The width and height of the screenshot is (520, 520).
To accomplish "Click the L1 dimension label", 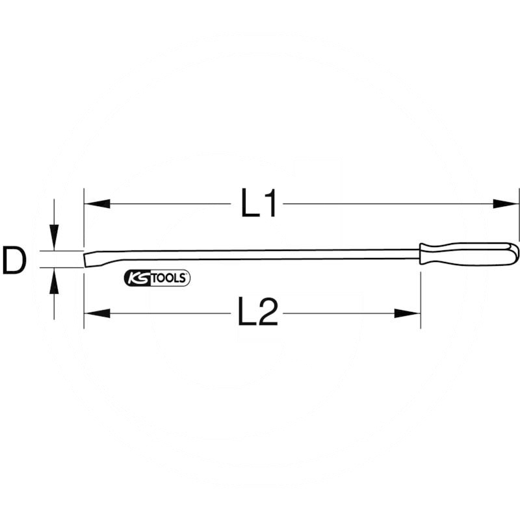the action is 258,203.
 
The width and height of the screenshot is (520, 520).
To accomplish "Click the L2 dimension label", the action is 257,312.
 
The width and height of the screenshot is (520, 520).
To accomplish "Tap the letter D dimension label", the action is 14,260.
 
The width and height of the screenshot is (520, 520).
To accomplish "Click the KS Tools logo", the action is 157,278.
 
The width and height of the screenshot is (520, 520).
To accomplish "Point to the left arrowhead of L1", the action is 97,203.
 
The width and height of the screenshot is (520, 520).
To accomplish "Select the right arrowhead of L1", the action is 506,203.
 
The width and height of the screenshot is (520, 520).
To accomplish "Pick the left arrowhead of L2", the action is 97,313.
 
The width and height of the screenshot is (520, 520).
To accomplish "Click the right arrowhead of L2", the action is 408,313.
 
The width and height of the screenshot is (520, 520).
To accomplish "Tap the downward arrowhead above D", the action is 54,237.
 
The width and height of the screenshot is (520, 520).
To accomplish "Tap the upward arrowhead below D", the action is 54,281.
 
